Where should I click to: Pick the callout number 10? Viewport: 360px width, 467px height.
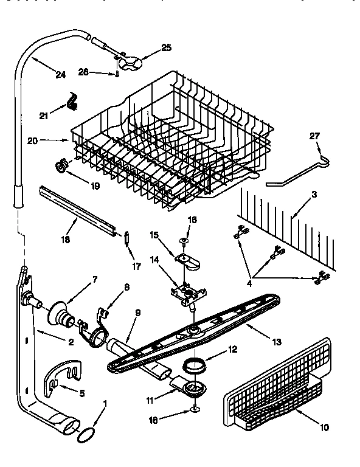coord(324,427)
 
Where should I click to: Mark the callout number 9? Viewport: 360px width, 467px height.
coord(137,313)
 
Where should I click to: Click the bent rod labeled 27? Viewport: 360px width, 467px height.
coord(297,171)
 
